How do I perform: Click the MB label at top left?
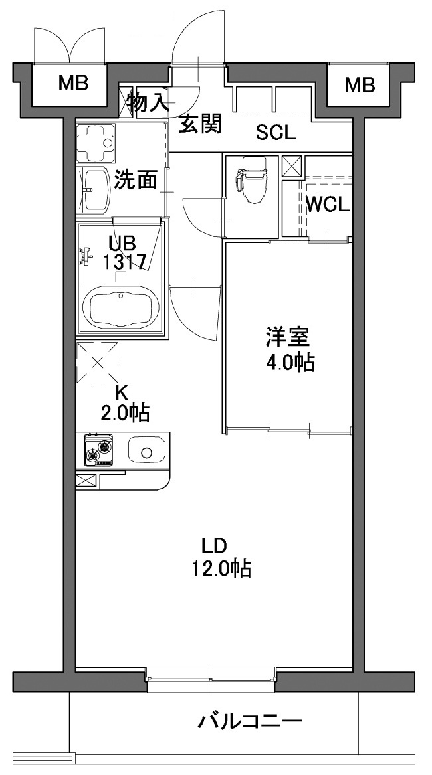tap(72, 84)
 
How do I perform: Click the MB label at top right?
tap(360, 86)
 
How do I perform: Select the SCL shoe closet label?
tap(276, 132)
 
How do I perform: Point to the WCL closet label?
tap(328, 204)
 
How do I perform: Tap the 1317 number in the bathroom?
tap(124, 261)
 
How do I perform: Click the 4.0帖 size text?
tap(290, 363)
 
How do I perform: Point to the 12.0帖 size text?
tap(222, 568)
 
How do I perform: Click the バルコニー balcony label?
tap(250, 723)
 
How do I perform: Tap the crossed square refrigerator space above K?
tap(98, 363)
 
